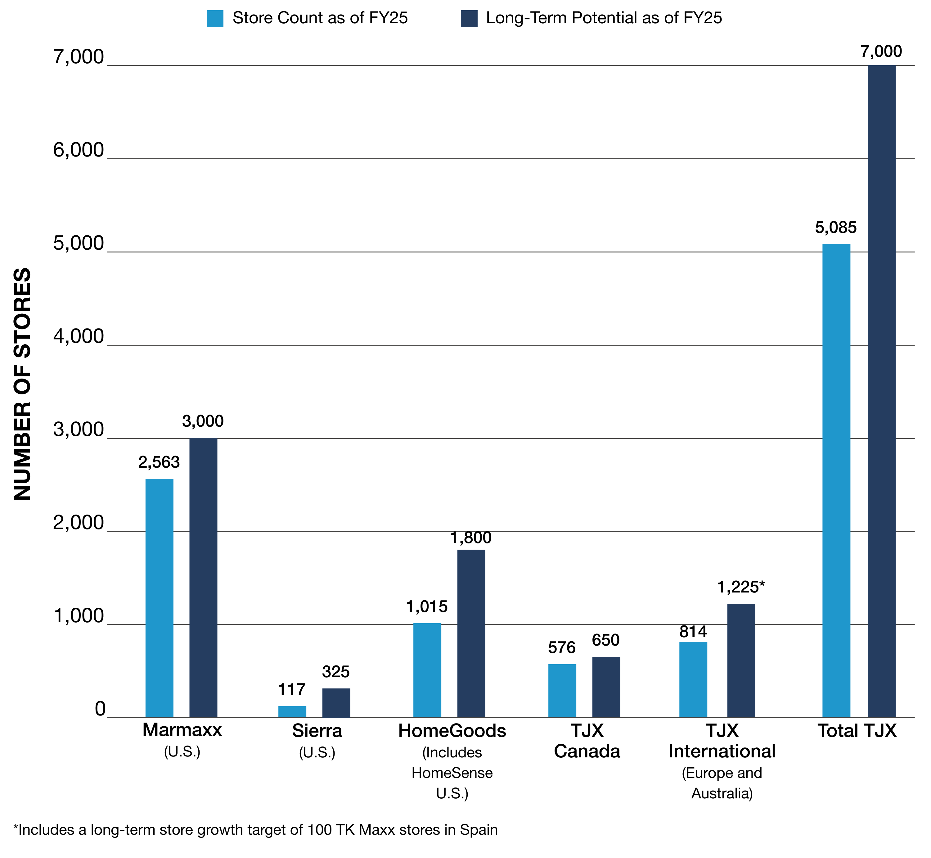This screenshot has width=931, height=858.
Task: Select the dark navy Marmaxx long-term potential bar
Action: point(203,578)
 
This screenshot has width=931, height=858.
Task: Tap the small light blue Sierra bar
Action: point(292,712)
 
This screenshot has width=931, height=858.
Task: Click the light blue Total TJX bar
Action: point(836,480)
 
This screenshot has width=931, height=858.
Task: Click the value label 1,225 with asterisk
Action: point(740,587)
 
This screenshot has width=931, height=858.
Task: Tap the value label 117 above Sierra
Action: point(291,689)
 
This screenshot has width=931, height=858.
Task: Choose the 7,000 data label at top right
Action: point(881,52)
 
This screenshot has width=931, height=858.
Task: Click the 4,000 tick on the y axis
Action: point(79,337)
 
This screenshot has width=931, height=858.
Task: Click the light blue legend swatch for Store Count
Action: point(215,19)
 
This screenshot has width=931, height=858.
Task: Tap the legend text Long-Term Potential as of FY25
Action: point(604,18)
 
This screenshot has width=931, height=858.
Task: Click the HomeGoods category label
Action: point(452,731)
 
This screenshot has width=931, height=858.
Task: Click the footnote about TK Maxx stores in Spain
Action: point(255,829)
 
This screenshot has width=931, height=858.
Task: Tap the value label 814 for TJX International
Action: point(693,631)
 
